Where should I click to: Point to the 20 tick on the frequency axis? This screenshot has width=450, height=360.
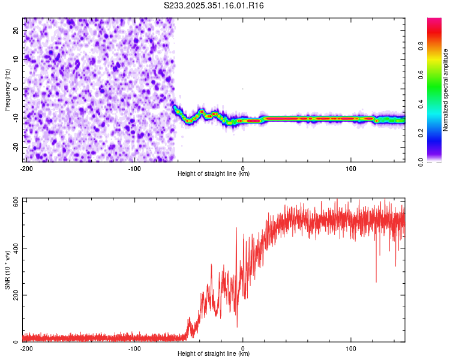(x=16, y=30)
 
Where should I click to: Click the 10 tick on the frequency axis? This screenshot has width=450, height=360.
(x=16, y=59)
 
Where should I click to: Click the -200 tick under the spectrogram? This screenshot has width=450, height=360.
(x=26, y=168)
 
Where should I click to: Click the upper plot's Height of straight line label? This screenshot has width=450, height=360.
(x=214, y=174)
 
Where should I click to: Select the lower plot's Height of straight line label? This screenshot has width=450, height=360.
(x=214, y=354)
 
